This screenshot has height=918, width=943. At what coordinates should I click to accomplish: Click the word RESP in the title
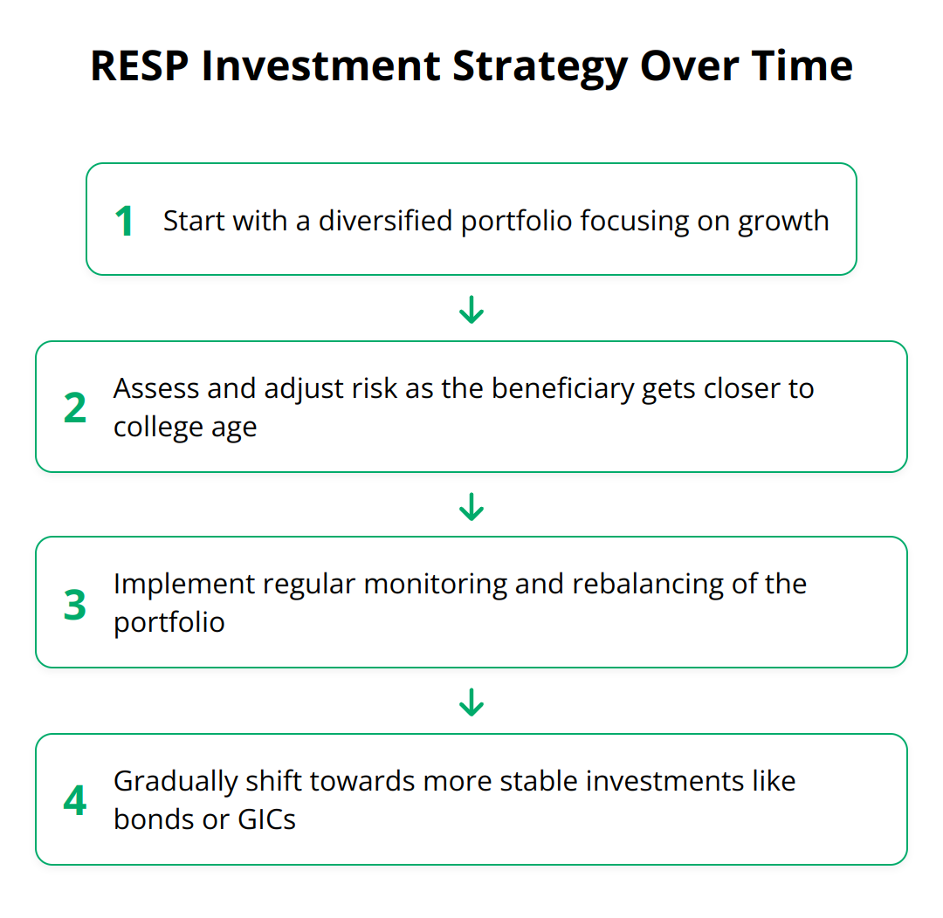pyautogui.click(x=140, y=65)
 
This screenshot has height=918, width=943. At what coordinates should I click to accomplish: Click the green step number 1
pyautogui.click(x=124, y=221)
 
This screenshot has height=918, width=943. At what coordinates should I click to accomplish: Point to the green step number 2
pyautogui.click(x=75, y=408)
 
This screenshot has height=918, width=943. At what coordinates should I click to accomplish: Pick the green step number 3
pyautogui.click(x=75, y=604)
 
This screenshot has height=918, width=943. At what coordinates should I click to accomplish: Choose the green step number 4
pyautogui.click(x=75, y=800)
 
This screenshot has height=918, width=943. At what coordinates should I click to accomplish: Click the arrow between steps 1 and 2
pyautogui.click(x=471, y=310)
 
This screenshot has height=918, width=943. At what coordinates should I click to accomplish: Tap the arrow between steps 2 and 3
pyautogui.click(x=471, y=506)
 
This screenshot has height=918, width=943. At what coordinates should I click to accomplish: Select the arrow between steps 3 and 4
pyautogui.click(x=471, y=702)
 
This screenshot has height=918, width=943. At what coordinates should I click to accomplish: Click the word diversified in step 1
pyautogui.click(x=386, y=221)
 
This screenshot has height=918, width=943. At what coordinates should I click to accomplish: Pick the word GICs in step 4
pyautogui.click(x=266, y=819)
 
